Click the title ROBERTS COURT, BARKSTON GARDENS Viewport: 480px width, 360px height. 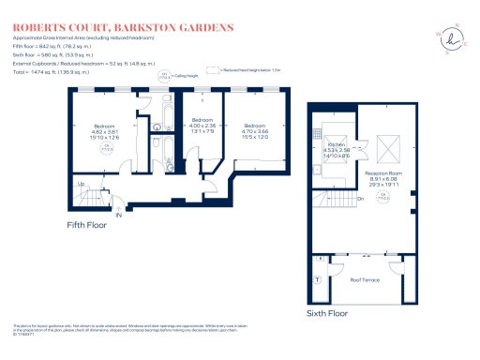[x=121, y=28]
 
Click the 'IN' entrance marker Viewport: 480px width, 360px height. [x=119, y=215]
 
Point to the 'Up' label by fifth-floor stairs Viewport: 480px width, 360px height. [x=81, y=184]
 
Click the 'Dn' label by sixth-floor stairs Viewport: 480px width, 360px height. [x=360, y=199]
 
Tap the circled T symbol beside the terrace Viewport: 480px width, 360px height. [x=318, y=280]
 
